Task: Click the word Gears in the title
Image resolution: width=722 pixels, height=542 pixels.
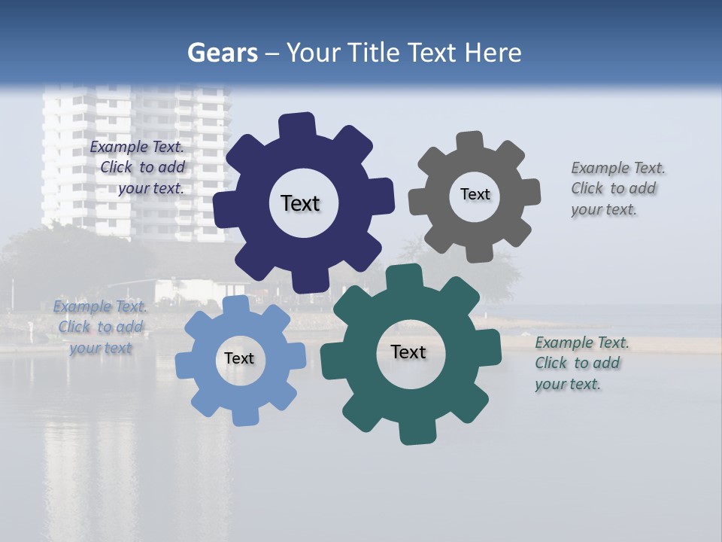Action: click(222, 53)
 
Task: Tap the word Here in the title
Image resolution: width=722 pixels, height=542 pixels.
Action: click(493, 53)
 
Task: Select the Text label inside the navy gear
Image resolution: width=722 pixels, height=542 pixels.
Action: click(300, 203)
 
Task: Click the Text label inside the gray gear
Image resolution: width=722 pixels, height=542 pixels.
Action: click(475, 194)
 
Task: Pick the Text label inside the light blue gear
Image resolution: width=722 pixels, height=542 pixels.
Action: click(239, 358)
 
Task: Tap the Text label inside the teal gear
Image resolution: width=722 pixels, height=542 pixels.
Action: click(408, 352)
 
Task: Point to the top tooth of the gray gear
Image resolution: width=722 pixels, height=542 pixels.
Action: click(469, 142)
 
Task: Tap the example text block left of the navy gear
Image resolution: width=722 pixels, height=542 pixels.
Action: click(138, 168)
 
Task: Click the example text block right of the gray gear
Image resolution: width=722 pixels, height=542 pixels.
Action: click(613, 188)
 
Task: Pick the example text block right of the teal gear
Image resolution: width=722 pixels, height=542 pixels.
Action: click(581, 363)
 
